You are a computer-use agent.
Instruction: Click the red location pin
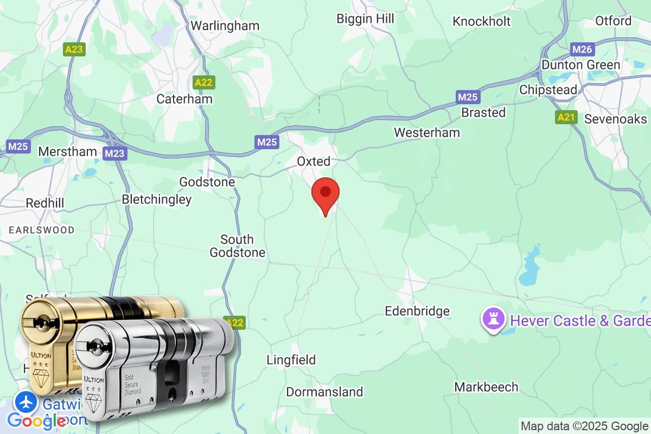[x=325, y=194]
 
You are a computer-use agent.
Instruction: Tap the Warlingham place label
[x=225, y=25]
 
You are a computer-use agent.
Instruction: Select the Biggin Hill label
[x=365, y=18]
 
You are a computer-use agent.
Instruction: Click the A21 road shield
[x=566, y=117]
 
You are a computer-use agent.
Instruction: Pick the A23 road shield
[x=74, y=50]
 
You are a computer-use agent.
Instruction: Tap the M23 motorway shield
[x=114, y=154]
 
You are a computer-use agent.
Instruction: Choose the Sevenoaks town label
[x=615, y=119]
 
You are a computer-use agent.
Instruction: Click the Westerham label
[x=426, y=132]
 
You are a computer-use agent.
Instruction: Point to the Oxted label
[x=314, y=161]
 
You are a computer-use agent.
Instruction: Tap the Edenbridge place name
[x=417, y=311]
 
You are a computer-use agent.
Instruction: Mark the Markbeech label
[x=486, y=387]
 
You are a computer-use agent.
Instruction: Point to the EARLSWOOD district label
[x=41, y=230]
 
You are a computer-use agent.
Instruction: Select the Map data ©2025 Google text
[x=584, y=426]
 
